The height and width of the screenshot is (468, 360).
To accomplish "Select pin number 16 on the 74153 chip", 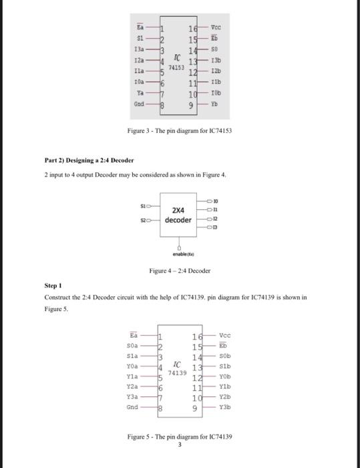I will (x=194, y=29).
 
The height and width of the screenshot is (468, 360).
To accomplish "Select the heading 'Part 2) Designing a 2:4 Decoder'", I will (x=89, y=160).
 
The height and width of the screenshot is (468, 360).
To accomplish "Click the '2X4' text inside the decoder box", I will (x=178, y=209).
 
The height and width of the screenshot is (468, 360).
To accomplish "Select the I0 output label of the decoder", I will (x=215, y=200).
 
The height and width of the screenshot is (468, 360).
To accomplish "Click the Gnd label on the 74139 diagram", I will (x=132, y=406).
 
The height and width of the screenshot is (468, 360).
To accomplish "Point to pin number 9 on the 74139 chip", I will (x=195, y=406).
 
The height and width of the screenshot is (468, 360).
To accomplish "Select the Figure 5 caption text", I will (x=180, y=437).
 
